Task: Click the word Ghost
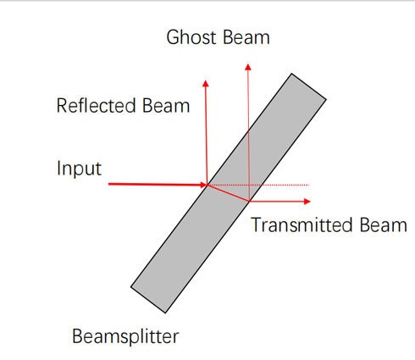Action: point(191,37)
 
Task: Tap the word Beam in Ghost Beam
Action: point(246,37)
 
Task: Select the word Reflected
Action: point(97,106)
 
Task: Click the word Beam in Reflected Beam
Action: point(166,106)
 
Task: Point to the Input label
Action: point(79,169)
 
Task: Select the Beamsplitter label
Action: point(125,336)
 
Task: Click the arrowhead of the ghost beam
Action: point(248,67)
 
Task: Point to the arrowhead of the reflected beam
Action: point(206,84)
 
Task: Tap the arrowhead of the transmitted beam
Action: point(307,202)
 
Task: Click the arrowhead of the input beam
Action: point(204,185)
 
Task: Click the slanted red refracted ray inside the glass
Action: point(229,193)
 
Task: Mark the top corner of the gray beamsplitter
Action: point(291,74)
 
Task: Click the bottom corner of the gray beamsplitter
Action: point(165,313)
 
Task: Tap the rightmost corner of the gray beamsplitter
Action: point(326,99)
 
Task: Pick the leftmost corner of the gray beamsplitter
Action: point(130,287)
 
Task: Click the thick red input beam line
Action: point(154,185)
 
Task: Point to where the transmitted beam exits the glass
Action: point(250,201)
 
